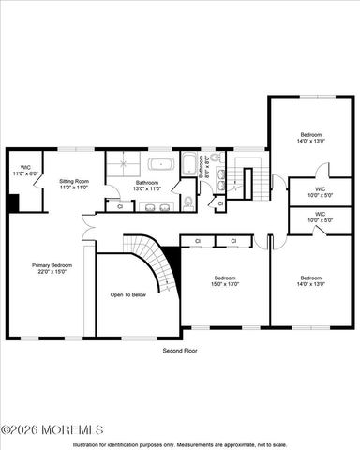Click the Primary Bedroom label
click(52, 265)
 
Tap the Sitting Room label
click(74, 181)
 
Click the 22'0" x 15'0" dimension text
click(52, 272)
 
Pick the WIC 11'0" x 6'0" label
click(25, 170)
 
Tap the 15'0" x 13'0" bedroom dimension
click(225, 284)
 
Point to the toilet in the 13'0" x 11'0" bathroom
click(188, 202)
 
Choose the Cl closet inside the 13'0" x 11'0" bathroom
click(121, 205)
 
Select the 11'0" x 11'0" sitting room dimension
click(74, 187)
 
